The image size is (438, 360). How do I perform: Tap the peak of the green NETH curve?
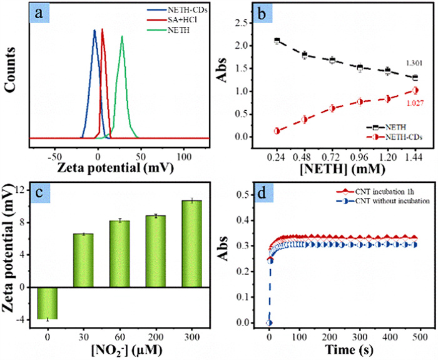(x=122, y=36)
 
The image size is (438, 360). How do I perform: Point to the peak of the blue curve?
(x=94, y=30)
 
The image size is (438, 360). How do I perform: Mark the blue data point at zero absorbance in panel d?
(x=269, y=322)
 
